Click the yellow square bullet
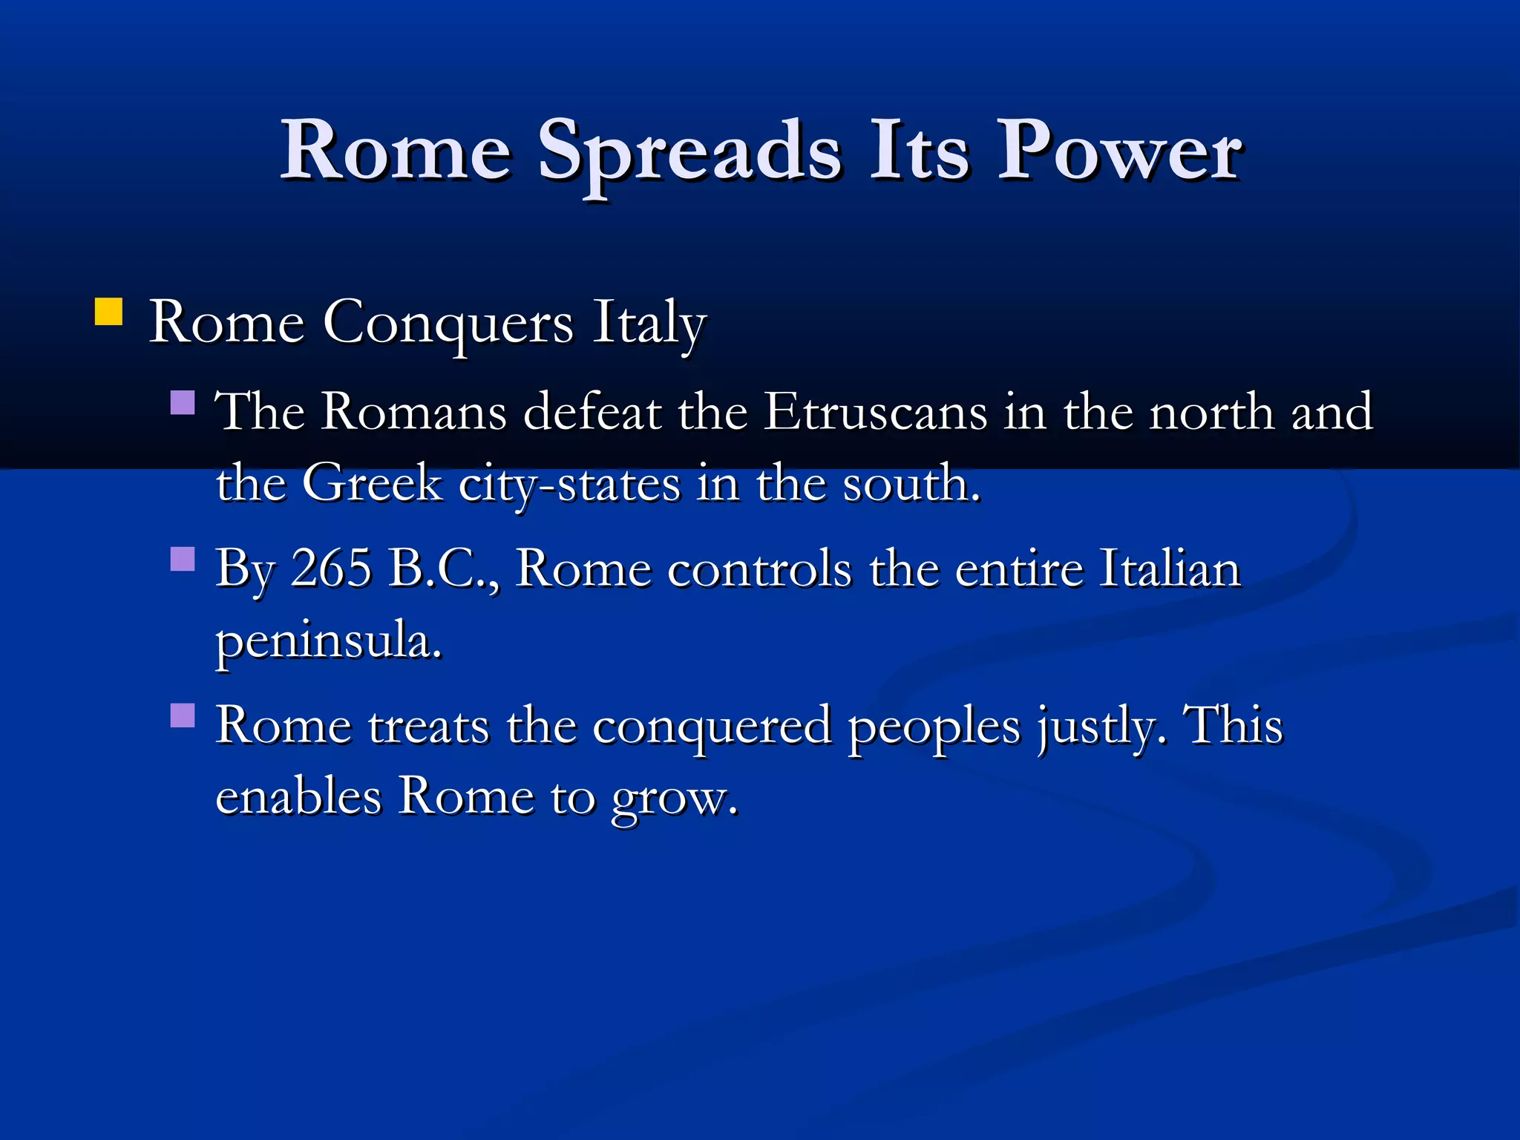[x=108, y=312]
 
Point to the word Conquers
[x=448, y=324]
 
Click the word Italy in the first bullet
[x=649, y=324]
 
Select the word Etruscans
[x=876, y=411]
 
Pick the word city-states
[x=569, y=485]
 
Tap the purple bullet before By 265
[x=183, y=558]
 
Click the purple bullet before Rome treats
[x=183, y=715]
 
